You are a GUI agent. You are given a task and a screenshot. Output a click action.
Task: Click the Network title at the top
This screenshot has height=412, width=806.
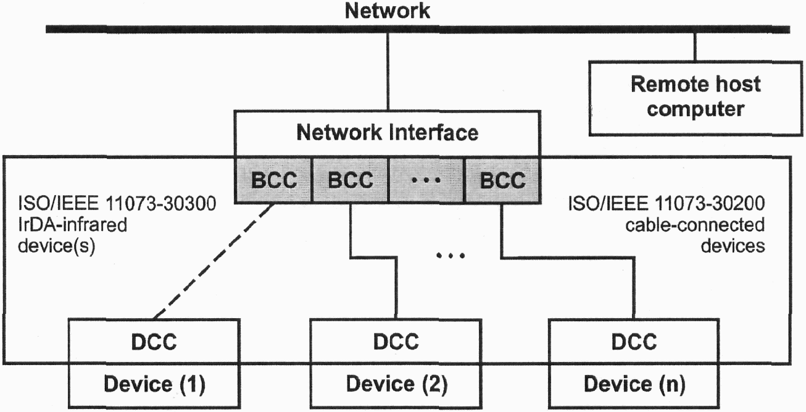pos(388,11)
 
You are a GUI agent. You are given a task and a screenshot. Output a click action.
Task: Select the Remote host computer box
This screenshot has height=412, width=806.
pos(696,96)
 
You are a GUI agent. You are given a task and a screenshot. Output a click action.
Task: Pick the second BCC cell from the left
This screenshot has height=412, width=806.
pos(351,180)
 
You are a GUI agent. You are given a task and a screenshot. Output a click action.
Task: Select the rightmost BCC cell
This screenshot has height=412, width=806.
pos(502,180)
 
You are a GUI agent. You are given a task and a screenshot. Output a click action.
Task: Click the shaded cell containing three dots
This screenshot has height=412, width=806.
pos(426,180)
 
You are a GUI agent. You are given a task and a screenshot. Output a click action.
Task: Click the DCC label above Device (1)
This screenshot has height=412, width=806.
pos(154,341)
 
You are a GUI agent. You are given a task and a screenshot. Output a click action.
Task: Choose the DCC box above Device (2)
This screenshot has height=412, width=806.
pos(396,341)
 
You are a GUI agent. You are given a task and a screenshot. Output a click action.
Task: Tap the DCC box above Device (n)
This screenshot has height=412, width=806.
pos(634,341)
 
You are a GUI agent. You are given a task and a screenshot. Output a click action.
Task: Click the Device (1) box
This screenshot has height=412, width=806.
pos(154,384)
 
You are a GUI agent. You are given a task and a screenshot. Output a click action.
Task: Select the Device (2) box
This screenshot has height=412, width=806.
pos(396,384)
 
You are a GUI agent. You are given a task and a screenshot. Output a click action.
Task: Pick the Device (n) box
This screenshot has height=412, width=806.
pos(634,384)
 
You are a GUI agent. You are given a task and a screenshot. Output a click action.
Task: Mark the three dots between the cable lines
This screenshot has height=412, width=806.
pos(449,255)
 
